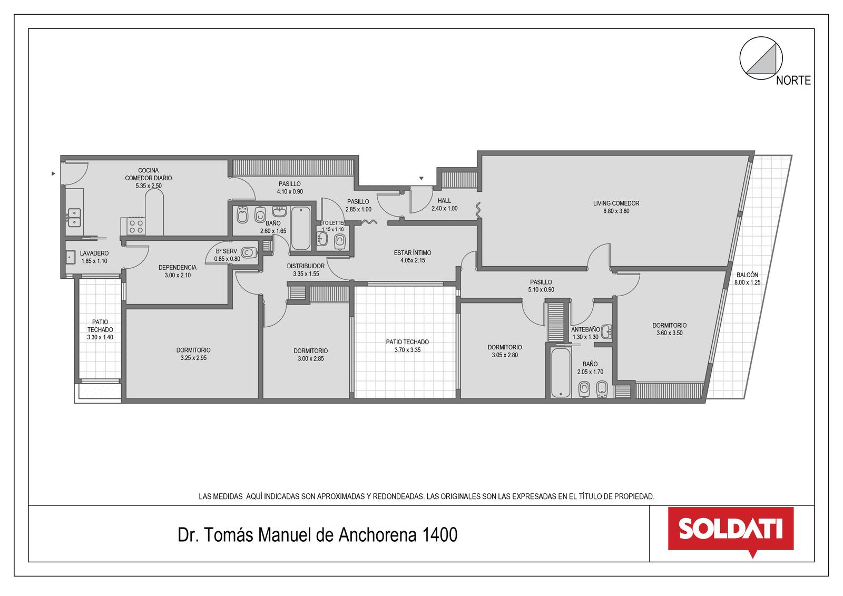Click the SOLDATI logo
point(731,532)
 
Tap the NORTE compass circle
point(761,58)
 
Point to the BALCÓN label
point(748,275)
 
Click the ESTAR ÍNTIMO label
point(413,252)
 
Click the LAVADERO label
point(94,253)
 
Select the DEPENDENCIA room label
point(177,267)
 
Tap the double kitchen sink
point(74,218)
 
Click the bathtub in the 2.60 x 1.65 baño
point(301,228)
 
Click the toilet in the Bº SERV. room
point(248,252)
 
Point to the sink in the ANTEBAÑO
point(606,331)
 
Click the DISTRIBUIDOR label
point(306,266)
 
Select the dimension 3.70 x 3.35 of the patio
point(408,350)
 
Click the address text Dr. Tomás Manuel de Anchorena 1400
point(318,535)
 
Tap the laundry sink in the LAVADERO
point(71,257)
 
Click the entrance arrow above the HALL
point(421,179)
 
